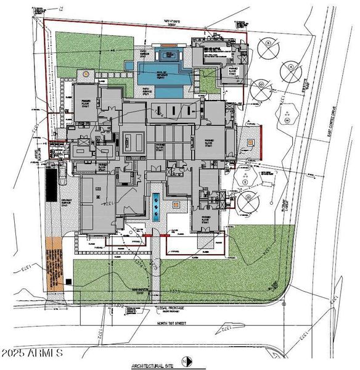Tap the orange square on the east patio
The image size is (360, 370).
click(250, 142)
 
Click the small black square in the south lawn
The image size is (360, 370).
click(69, 282)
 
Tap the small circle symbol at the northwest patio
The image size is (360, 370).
click(84, 72)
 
